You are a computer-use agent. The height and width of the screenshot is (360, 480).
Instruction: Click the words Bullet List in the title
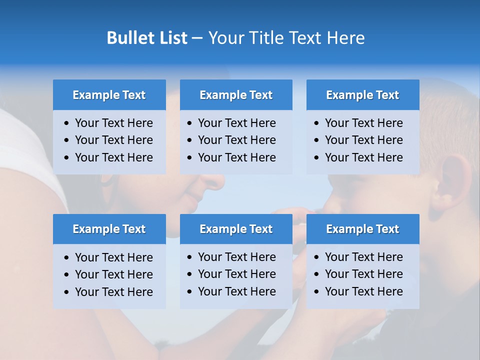[x=147, y=38]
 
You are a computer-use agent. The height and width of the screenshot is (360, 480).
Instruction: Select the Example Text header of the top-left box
[x=109, y=95]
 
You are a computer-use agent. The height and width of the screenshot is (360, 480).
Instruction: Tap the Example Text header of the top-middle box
[x=236, y=95]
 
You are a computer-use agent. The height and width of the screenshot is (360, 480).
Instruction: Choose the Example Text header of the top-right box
[x=362, y=95]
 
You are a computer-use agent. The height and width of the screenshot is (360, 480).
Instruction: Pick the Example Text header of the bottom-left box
[x=109, y=229]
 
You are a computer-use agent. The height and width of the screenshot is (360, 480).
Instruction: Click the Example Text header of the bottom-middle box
[x=236, y=229]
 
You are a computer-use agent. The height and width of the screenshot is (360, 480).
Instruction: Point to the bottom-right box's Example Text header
[x=362, y=229]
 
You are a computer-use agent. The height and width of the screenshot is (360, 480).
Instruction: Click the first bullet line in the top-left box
[x=113, y=123]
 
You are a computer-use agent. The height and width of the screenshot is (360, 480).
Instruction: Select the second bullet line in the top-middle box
[x=236, y=140]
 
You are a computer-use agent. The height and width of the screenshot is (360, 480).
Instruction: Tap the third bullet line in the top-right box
[x=363, y=157]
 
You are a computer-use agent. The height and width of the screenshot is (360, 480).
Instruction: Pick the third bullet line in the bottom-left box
[x=113, y=292]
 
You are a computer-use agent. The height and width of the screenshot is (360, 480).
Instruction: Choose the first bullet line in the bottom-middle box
[x=236, y=257]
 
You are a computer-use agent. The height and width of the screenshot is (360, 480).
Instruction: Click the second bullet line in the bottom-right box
[x=363, y=274]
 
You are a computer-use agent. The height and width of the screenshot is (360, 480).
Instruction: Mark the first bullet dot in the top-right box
[x=316, y=123]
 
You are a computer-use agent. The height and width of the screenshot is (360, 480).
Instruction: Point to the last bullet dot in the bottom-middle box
[x=189, y=292]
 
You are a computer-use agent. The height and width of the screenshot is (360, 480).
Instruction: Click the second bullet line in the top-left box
[x=113, y=140]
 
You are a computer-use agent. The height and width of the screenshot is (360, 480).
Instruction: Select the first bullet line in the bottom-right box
[x=363, y=257]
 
